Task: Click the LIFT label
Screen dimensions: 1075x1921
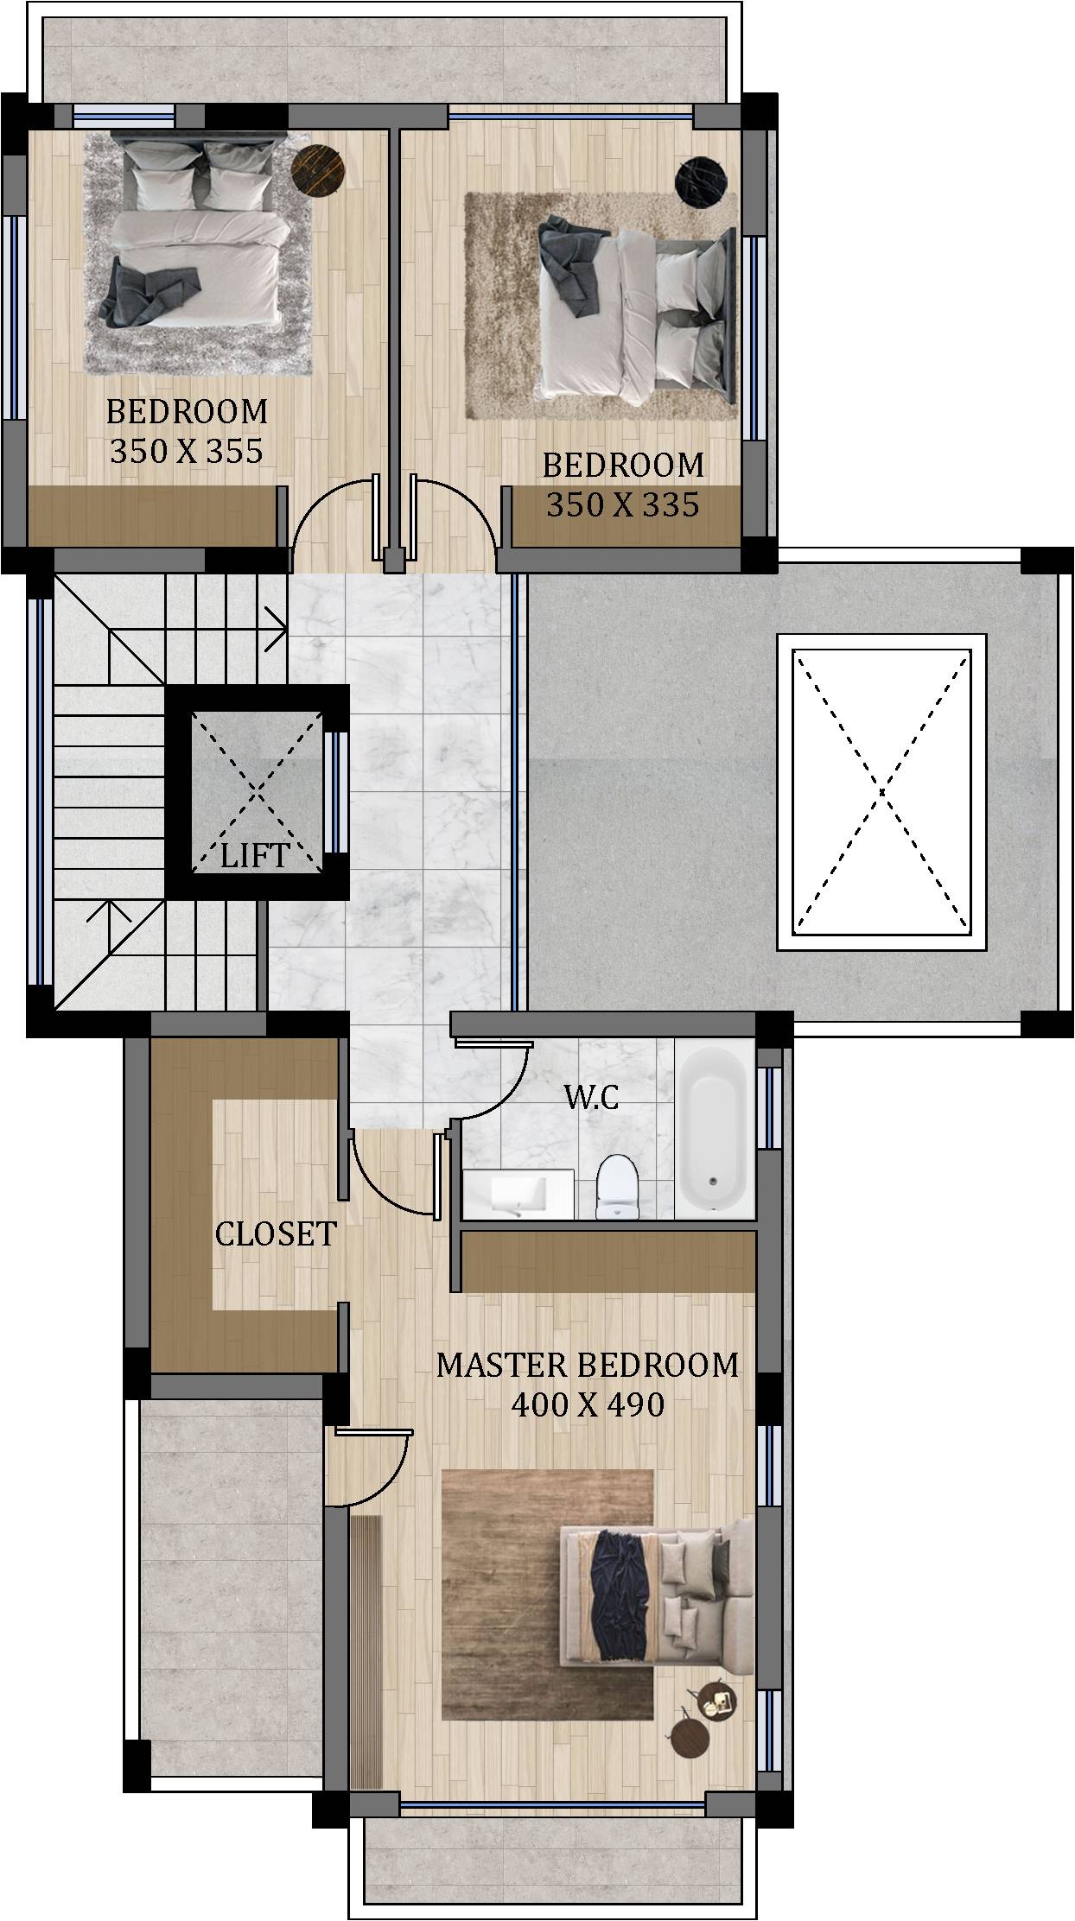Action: (254, 855)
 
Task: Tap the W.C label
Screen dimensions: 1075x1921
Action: (591, 1097)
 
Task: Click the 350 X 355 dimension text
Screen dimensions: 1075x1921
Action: (187, 451)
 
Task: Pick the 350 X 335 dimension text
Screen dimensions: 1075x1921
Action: (623, 504)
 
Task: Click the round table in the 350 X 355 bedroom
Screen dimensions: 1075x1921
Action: (318, 170)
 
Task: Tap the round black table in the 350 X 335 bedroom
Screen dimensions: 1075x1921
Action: (700, 182)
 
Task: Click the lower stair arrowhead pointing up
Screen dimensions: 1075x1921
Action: (109, 910)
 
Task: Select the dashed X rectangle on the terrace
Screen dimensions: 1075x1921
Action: (881, 791)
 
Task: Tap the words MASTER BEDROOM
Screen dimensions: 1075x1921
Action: (588, 1364)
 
